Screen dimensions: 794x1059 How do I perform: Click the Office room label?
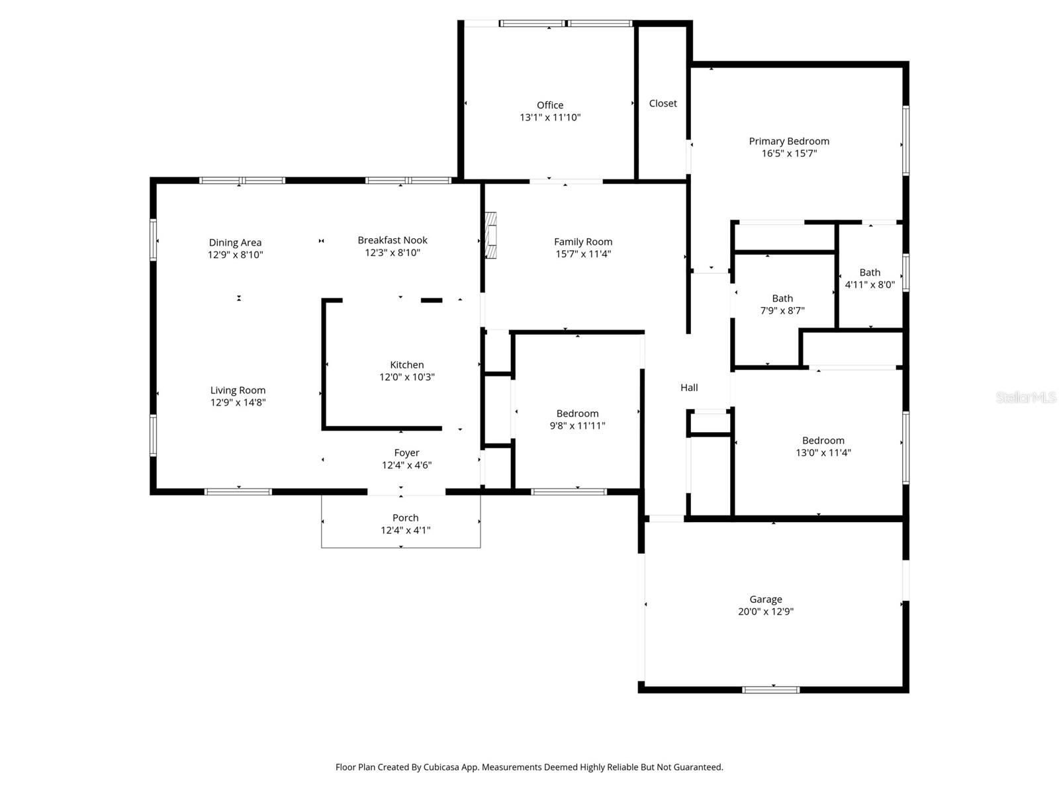(x=550, y=105)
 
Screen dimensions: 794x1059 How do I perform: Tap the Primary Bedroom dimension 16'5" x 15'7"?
(x=789, y=154)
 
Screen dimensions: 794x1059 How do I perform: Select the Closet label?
(x=663, y=103)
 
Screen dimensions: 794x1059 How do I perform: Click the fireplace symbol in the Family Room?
(x=490, y=235)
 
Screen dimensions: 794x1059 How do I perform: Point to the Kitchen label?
(x=406, y=365)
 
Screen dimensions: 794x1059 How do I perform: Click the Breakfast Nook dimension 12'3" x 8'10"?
(x=392, y=253)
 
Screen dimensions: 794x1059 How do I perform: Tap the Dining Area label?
(x=235, y=243)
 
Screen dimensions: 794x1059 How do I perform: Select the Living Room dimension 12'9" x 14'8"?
(x=238, y=402)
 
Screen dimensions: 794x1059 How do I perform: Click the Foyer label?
(x=406, y=453)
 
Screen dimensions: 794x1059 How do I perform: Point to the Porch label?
(x=405, y=518)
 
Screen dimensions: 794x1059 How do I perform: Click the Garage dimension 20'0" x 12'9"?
(x=766, y=612)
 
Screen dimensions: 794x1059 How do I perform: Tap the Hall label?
(x=689, y=388)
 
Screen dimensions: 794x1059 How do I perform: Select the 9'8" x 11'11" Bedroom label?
(x=577, y=414)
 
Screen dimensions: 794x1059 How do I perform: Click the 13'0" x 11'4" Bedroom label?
(x=823, y=441)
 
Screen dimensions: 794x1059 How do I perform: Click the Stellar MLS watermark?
(x=1025, y=397)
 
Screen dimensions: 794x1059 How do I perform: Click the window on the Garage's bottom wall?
(x=770, y=689)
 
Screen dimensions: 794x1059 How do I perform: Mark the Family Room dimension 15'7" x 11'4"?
(x=582, y=254)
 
